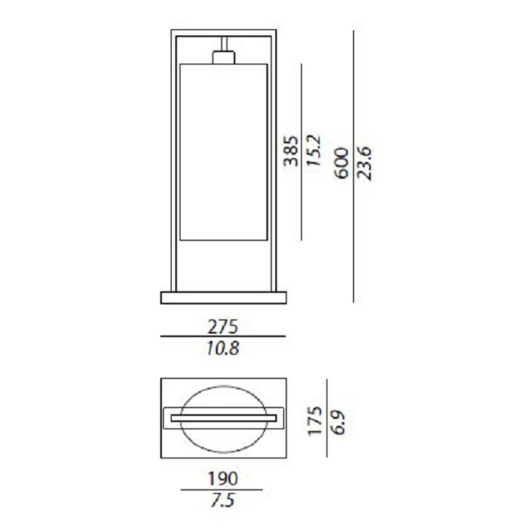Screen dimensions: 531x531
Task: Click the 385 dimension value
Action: tap(291, 151)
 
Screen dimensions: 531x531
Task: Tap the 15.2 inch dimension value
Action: tap(313, 150)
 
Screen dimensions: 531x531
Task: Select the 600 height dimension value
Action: tap(342, 163)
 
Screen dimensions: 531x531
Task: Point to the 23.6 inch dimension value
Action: tap(365, 164)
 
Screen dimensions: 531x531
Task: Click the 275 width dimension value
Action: tap(223, 327)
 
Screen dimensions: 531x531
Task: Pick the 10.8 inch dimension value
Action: tap(223, 348)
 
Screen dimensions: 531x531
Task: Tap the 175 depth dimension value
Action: tap(314, 420)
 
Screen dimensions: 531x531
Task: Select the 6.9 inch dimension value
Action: tap(337, 422)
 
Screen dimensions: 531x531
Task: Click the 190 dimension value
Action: tap(222, 479)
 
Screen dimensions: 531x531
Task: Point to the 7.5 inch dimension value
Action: tap(222, 500)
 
